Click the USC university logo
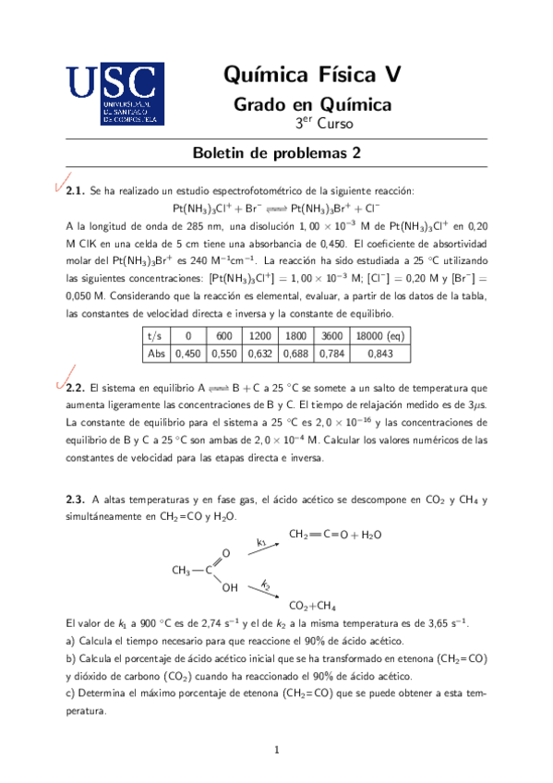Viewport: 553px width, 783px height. pyautogui.click(x=115, y=94)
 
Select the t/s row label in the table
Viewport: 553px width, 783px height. pyautogui.click(x=155, y=337)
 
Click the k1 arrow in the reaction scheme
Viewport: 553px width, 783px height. pyautogui.click(x=262, y=547)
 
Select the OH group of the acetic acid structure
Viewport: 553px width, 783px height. pyautogui.click(x=229, y=587)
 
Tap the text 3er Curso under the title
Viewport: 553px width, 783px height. pyautogui.click(x=319, y=125)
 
